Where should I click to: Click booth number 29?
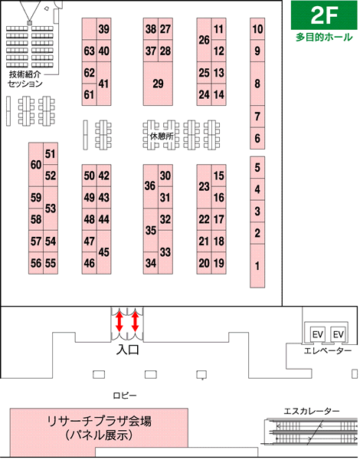158,84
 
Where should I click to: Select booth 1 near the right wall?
257,266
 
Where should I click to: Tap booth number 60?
36,165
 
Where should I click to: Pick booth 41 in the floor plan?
103,84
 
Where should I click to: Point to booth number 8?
257,84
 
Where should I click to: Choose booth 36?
150,186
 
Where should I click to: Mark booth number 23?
204,186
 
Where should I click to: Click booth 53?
51,209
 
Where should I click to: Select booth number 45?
103,252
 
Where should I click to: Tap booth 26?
204,40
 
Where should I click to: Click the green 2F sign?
324,15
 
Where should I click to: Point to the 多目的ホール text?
324,38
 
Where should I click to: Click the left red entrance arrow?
119,321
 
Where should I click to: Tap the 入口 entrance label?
127,350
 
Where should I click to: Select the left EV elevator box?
318,334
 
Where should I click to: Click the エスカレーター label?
311,411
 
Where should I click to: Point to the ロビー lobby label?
125,396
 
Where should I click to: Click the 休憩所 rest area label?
162,136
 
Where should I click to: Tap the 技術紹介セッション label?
25,79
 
